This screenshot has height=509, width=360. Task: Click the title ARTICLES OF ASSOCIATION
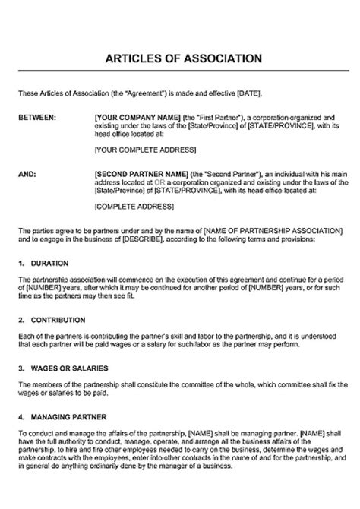click(180, 58)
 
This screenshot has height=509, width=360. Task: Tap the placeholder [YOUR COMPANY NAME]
click(132, 119)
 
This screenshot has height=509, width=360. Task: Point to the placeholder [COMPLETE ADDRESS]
click(128, 206)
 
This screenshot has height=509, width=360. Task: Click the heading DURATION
click(52, 262)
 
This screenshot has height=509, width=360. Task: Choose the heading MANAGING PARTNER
click(68, 416)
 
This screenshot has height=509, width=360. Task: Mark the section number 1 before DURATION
click(19, 262)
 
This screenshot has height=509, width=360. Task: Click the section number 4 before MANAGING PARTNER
click(19, 416)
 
